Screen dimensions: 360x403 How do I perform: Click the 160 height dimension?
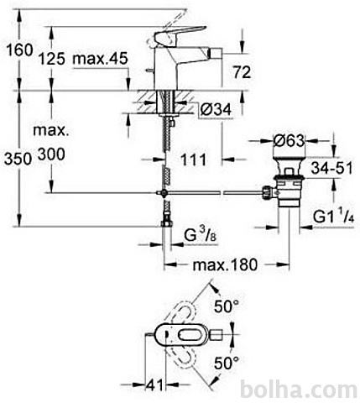click(x=19, y=50)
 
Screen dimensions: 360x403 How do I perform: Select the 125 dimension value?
click(x=51, y=59)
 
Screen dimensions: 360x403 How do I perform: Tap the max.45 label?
click(x=100, y=59)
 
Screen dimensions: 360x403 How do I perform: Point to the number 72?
click(x=243, y=72)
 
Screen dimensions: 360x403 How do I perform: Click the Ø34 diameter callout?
click(x=216, y=109)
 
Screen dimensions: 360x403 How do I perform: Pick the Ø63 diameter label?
click(x=289, y=140)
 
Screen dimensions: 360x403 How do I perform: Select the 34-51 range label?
click(x=332, y=168)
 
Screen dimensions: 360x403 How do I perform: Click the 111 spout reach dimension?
click(x=193, y=160)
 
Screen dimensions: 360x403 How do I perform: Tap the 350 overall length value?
click(x=18, y=160)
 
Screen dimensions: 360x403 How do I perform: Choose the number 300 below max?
click(x=51, y=154)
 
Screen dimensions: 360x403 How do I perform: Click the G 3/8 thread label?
click(x=201, y=235)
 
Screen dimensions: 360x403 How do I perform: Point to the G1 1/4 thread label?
click(x=333, y=217)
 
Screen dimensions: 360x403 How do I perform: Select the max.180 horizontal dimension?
click(x=225, y=264)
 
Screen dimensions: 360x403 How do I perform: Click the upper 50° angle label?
click(x=227, y=306)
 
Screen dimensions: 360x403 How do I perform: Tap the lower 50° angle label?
click(x=227, y=364)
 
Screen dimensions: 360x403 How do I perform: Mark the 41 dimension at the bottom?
click(x=154, y=385)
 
